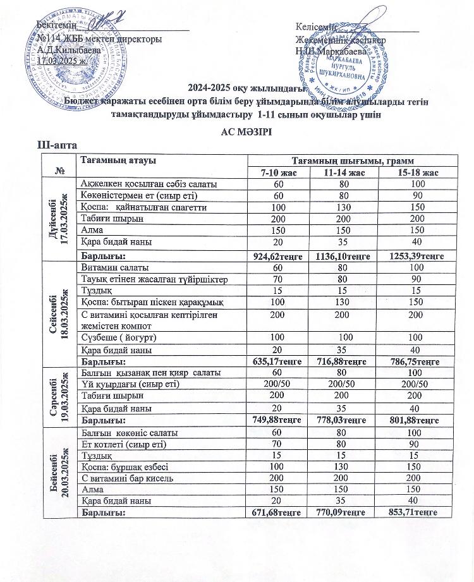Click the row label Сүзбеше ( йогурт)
click(119, 338)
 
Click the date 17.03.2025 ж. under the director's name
click(66, 60)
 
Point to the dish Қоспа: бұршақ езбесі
click(123, 466)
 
